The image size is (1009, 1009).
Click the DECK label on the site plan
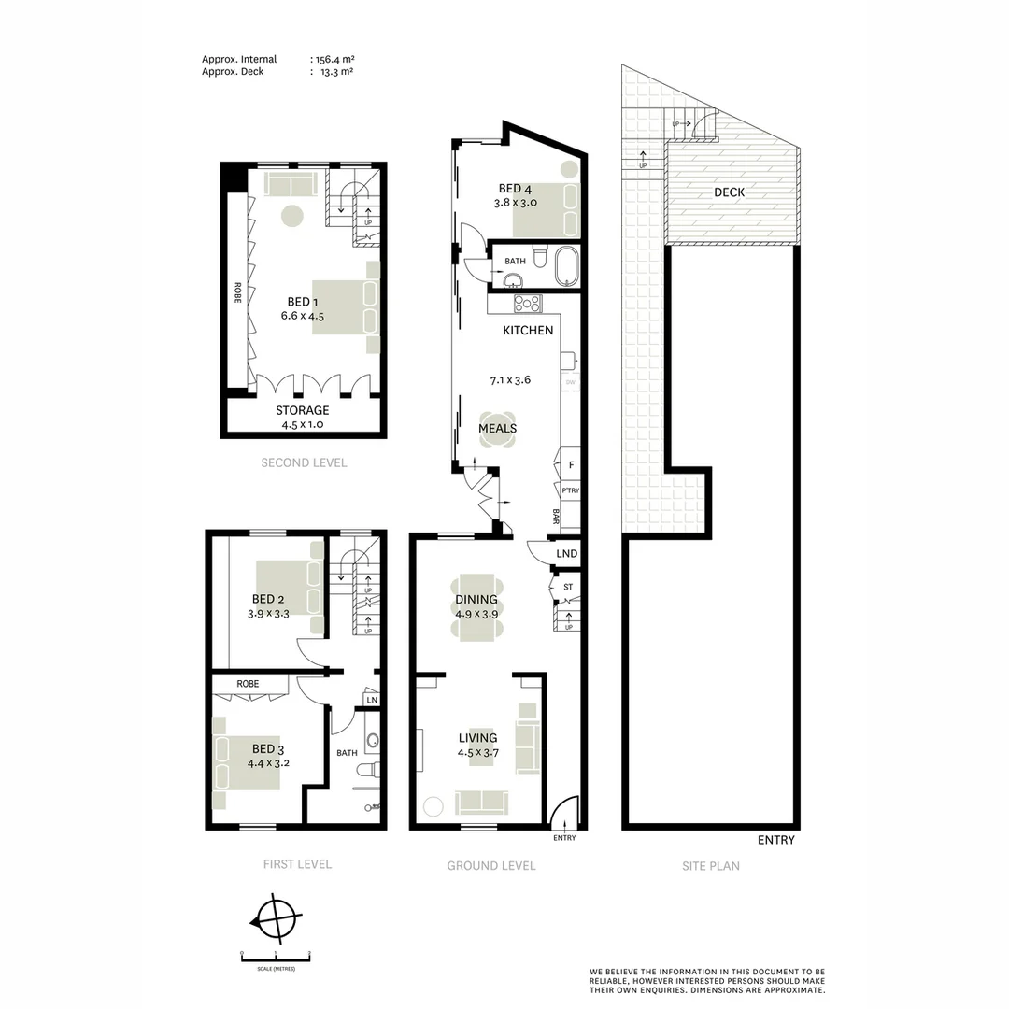pos(730,192)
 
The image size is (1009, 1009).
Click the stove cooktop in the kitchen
pos(528,303)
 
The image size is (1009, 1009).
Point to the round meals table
pos(498,429)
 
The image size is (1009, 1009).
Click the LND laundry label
pos(566,554)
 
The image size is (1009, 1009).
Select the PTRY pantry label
pos(568,490)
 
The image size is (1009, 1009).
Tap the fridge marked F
pos(570,464)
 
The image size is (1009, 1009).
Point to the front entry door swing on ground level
pos(564,812)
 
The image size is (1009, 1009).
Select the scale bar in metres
pos(276,955)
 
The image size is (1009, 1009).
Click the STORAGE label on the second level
pos(302,410)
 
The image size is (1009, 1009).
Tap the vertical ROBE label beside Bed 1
pos(237,293)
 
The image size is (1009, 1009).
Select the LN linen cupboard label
pos(371,700)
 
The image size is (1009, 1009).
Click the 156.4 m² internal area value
pos(334,59)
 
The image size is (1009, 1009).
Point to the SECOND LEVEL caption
pos(304,462)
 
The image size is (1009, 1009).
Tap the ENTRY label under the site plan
pos(775,840)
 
